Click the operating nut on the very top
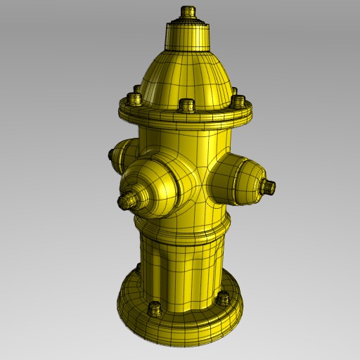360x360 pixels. click(188, 13)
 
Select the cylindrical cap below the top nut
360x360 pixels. click(188, 35)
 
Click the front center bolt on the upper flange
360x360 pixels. click(186, 105)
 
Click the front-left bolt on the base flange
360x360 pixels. click(155, 308)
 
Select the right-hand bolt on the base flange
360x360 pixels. click(224, 298)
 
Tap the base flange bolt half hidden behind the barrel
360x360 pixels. click(139, 268)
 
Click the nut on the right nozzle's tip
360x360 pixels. click(268, 187)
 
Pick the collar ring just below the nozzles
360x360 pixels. click(183, 229)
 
